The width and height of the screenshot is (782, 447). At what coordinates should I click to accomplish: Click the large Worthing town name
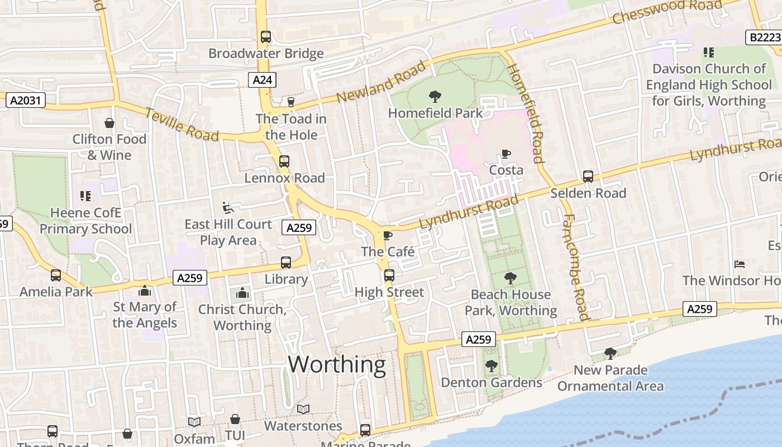[337, 365]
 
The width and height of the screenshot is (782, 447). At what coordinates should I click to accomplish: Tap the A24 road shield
[262, 80]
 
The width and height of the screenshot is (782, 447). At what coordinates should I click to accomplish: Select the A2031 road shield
[25, 101]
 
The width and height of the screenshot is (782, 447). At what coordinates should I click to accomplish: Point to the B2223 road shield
[764, 37]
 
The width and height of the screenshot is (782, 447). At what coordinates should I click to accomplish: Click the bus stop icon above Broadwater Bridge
[266, 37]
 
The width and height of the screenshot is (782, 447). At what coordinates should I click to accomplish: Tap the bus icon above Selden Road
[588, 177]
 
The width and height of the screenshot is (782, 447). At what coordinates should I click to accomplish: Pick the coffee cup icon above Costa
[506, 154]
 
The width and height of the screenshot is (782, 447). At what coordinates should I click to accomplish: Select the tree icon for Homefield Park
[435, 97]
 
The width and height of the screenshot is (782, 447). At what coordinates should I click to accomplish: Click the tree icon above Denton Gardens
[492, 366]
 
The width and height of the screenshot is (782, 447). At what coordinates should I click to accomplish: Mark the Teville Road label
[182, 124]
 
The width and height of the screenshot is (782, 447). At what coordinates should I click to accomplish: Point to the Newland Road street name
[382, 83]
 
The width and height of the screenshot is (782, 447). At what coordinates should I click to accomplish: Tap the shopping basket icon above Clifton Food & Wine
[109, 123]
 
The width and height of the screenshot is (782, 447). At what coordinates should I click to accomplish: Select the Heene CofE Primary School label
[85, 221]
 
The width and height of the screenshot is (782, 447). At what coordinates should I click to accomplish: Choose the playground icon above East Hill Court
[227, 208]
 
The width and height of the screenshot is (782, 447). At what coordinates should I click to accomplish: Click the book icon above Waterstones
[303, 410]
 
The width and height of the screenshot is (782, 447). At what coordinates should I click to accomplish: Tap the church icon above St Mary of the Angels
[145, 291]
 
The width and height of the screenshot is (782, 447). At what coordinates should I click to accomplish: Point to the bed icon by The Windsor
[740, 264]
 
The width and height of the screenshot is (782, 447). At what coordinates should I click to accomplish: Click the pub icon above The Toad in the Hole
[290, 102]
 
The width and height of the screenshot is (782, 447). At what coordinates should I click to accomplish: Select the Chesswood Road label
[667, 11]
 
